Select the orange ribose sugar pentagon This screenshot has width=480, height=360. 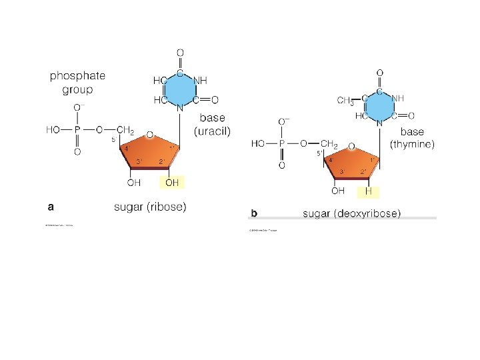[x=151, y=153]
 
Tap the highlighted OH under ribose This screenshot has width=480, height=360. [x=171, y=182]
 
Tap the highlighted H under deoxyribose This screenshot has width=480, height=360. [x=369, y=191]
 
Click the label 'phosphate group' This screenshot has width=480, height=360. [x=77, y=83]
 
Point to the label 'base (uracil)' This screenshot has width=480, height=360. [x=212, y=125]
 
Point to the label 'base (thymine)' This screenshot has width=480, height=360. [x=412, y=138]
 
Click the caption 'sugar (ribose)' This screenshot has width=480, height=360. [x=150, y=207]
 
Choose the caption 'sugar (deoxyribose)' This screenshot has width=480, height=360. [x=351, y=213]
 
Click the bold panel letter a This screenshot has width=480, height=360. [x=49, y=206]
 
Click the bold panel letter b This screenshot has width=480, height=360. [x=253, y=213]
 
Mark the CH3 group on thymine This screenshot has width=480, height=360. [x=345, y=101]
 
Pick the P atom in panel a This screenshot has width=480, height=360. [x=77, y=129]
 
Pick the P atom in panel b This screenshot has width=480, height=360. [x=281, y=143]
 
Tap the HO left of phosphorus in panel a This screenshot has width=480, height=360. [x=53, y=129]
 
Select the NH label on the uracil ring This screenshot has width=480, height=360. [x=200, y=80]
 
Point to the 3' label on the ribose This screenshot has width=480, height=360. [x=139, y=162]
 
